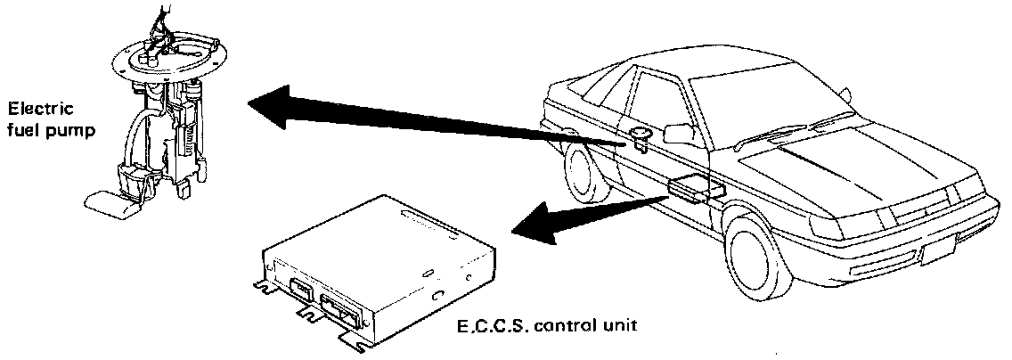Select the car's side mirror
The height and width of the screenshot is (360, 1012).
(680, 134)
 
